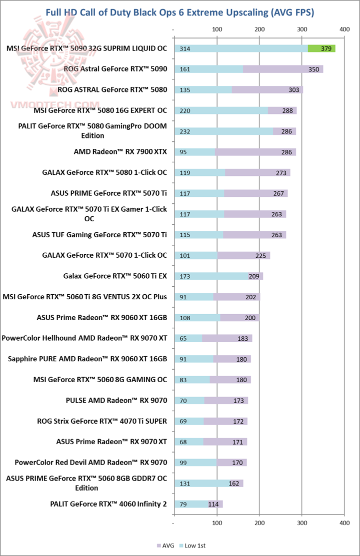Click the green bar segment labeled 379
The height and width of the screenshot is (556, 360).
pyautogui.click(x=321, y=48)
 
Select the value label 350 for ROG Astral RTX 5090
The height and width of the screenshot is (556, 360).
pyautogui.click(x=314, y=69)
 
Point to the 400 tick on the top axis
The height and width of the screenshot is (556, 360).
pyautogui.click(x=344, y=30)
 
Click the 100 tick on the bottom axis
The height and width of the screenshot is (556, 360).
pyautogui.click(x=217, y=523)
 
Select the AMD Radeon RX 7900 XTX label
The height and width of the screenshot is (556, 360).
pyautogui.click(x=120, y=152)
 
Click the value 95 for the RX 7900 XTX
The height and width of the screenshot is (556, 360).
pyautogui.click(x=182, y=152)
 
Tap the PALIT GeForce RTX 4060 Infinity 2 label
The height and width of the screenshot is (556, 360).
pyautogui.click(x=108, y=504)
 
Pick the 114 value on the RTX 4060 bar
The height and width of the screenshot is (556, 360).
pyautogui.click(x=213, y=504)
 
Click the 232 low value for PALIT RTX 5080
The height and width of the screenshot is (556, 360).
pyautogui.click(x=184, y=131)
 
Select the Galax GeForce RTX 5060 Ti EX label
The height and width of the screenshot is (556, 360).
pyautogui.click(x=115, y=276)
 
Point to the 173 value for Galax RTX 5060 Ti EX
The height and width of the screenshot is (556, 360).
pyautogui.click(x=184, y=276)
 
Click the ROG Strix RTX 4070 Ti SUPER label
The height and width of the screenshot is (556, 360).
pyautogui.click(x=102, y=421)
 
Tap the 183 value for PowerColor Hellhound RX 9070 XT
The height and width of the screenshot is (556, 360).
pyautogui.click(x=243, y=339)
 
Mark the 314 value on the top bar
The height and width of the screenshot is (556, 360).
pyautogui.click(x=184, y=48)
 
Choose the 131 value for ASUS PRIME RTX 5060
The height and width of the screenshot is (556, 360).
pyautogui.click(x=184, y=484)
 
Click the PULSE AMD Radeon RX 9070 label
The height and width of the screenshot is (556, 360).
pyautogui.click(x=116, y=400)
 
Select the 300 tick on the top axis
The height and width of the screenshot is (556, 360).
pyautogui.click(x=302, y=30)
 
